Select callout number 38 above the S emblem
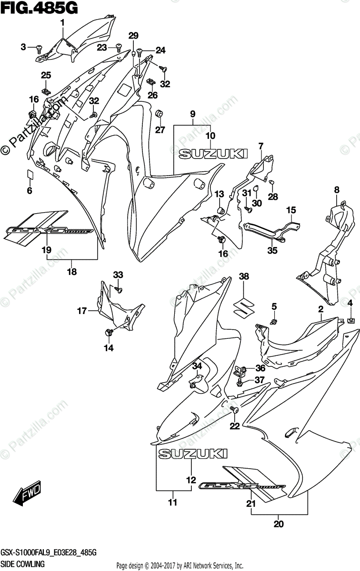pyautogui.click(x=244, y=276)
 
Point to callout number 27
pyautogui.click(x=160, y=130)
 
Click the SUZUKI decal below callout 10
pyautogui.click(x=213, y=153)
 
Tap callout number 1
pyautogui.click(x=62, y=23)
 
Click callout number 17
pyautogui.click(x=81, y=311)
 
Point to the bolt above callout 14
pyautogui.click(x=109, y=331)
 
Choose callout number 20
pyautogui.click(x=279, y=525)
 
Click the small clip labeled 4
pyautogui.click(x=350, y=319)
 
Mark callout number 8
pyautogui.click(x=337, y=190)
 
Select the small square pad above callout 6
pyautogui.click(x=30, y=175)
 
